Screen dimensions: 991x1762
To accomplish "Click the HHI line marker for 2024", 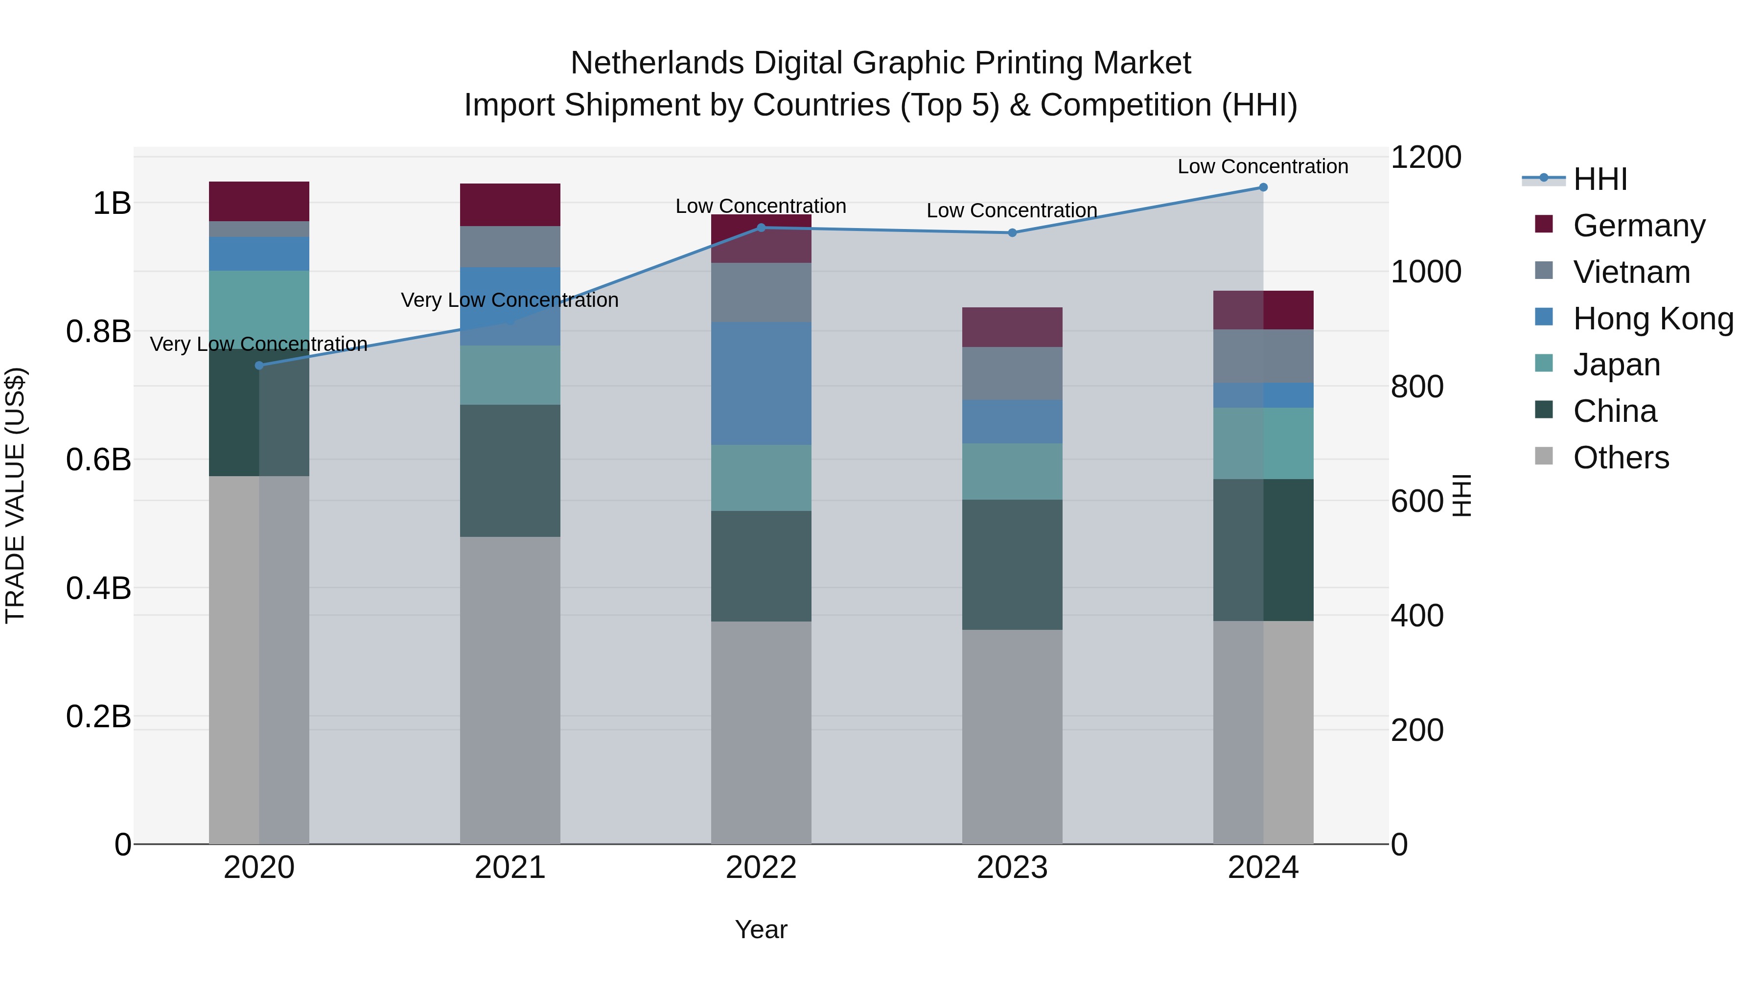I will coord(1263,187).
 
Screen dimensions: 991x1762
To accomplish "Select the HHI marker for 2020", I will coord(258,365).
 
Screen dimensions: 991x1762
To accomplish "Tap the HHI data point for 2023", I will coord(1012,232).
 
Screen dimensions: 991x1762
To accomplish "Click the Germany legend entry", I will coord(1639,225).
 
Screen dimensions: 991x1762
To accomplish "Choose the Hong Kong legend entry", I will coord(1652,318).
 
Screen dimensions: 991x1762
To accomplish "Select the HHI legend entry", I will coord(1599,179).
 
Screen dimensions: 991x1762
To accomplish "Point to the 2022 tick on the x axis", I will coord(761,867).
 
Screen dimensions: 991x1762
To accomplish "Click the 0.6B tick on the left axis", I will coord(98,460).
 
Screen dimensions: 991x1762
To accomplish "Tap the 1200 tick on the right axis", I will coord(1425,157).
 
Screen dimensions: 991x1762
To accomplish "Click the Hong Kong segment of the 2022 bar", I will coord(761,383).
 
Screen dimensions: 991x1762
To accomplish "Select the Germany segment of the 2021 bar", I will coord(510,205).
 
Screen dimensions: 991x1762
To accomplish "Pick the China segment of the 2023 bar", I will coord(1012,564).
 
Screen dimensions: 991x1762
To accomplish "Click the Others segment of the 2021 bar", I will coord(510,690).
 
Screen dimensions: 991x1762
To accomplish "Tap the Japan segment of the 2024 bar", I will coord(1263,443).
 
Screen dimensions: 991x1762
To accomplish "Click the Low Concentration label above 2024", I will coord(1263,166).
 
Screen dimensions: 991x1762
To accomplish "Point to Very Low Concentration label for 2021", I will coord(510,300).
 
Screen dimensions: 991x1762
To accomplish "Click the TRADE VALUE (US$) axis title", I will coord(15,495).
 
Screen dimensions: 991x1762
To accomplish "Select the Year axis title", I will coord(761,929).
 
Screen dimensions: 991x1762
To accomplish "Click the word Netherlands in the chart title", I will coord(657,63).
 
